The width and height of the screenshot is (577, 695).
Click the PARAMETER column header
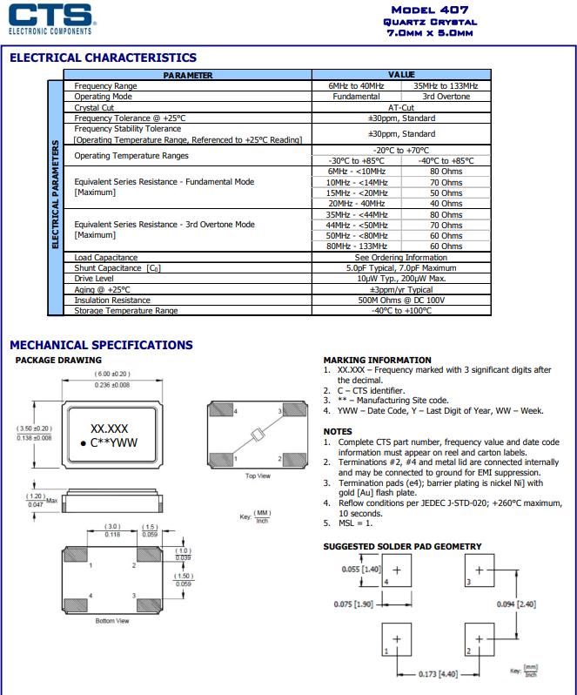coord(187,76)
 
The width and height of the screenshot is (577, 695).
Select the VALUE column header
coord(401,76)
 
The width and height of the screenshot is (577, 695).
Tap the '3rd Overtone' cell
coord(446,97)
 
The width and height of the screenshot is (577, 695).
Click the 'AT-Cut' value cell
coord(401,107)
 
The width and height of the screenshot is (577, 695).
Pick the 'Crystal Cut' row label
coord(95,107)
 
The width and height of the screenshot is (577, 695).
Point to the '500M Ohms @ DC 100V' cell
coord(401,300)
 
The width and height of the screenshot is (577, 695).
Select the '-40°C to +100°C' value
coord(401,310)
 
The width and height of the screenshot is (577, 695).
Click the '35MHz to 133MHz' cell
coord(446,86)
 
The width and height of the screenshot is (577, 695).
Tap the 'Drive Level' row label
coord(94,279)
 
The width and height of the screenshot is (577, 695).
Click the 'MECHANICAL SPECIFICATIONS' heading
coord(101,345)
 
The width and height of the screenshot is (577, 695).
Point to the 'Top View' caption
coord(258,476)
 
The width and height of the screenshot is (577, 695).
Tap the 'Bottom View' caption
coord(112,620)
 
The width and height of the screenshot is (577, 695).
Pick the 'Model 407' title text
coord(430,10)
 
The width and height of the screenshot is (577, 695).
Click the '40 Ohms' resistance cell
coord(446,204)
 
